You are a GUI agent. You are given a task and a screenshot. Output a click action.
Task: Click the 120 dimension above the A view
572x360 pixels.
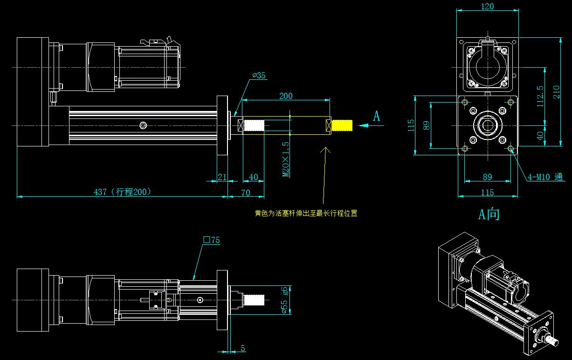[x=487, y=7]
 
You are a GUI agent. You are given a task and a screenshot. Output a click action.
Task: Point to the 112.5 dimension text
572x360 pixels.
[x=540, y=96]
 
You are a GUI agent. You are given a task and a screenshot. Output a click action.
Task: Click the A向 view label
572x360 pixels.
[x=489, y=214]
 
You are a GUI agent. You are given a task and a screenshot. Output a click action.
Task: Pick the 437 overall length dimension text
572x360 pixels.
[x=123, y=192]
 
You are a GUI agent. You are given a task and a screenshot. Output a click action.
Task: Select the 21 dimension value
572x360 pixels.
[x=222, y=177]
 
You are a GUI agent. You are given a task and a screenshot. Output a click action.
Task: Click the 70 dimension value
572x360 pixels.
[x=245, y=193]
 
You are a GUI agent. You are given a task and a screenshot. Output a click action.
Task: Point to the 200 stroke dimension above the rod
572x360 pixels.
[x=286, y=96]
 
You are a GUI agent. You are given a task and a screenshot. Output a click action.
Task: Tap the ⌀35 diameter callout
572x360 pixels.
[x=259, y=76]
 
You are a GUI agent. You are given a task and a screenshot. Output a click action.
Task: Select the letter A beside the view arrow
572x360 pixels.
[x=376, y=117]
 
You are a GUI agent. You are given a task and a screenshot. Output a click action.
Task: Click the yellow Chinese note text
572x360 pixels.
[x=306, y=214]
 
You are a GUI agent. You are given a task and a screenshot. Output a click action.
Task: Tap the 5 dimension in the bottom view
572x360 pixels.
[x=243, y=348]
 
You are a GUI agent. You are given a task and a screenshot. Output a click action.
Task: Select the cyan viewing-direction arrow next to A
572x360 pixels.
[x=364, y=125]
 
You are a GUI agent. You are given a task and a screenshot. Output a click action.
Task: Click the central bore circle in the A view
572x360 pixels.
[x=487, y=125]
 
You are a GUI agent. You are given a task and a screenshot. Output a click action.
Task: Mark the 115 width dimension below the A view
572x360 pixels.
[x=487, y=192]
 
